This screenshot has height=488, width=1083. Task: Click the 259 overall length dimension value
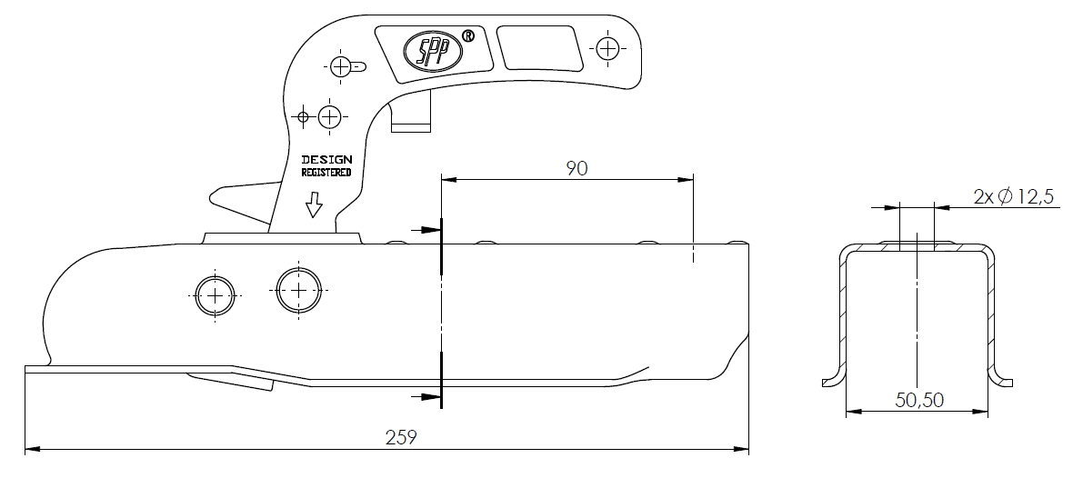click(x=401, y=437)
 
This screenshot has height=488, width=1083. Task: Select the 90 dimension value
click(x=577, y=168)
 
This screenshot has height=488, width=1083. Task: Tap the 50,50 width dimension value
click(x=919, y=400)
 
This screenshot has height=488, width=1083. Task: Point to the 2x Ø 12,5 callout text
click(x=1014, y=196)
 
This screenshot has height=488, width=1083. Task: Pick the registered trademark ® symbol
click(x=467, y=35)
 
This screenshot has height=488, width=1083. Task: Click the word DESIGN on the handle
click(x=326, y=159)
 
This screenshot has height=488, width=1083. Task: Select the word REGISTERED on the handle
click(x=326, y=172)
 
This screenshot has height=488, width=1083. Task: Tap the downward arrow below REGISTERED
click(x=315, y=205)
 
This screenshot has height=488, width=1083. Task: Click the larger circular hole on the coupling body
click(x=299, y=290)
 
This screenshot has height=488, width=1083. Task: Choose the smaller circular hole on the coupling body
click(x=215, y=295)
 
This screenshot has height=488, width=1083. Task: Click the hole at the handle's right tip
click(x=607, y=48)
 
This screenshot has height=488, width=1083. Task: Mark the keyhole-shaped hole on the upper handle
click(x=346, y=67)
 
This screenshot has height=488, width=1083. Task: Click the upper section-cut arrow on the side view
click(x=426, y=229)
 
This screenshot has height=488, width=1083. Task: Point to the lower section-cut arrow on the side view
click(x=426, y=397)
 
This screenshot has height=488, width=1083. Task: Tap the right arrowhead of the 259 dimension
click(x=742, y=449)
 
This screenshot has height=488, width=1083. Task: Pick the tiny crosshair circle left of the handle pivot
click(x=303, y=116)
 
